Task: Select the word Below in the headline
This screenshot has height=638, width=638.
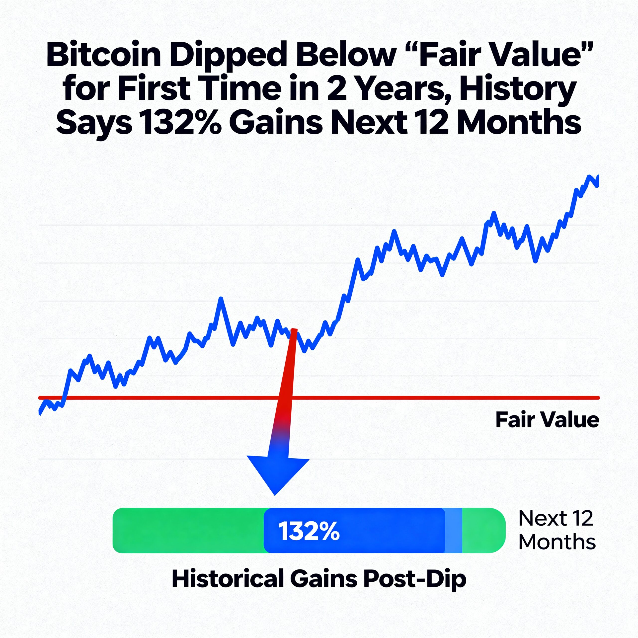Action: (345, 55)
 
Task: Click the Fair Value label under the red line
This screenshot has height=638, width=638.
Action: (547, 420)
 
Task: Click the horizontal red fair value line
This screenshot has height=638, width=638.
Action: (429, 398)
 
